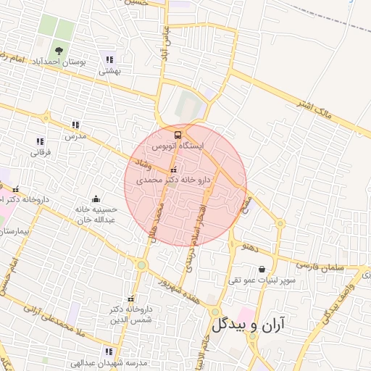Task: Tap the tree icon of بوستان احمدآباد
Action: click(57, 51)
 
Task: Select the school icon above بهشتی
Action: click(109, 60)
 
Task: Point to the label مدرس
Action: click(75, 136)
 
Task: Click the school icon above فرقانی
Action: click(39, 141)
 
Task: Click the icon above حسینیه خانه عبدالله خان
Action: click(96, 199)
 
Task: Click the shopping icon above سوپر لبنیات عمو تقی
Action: click(262, 270)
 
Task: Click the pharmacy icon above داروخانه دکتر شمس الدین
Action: click(130, 299)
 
